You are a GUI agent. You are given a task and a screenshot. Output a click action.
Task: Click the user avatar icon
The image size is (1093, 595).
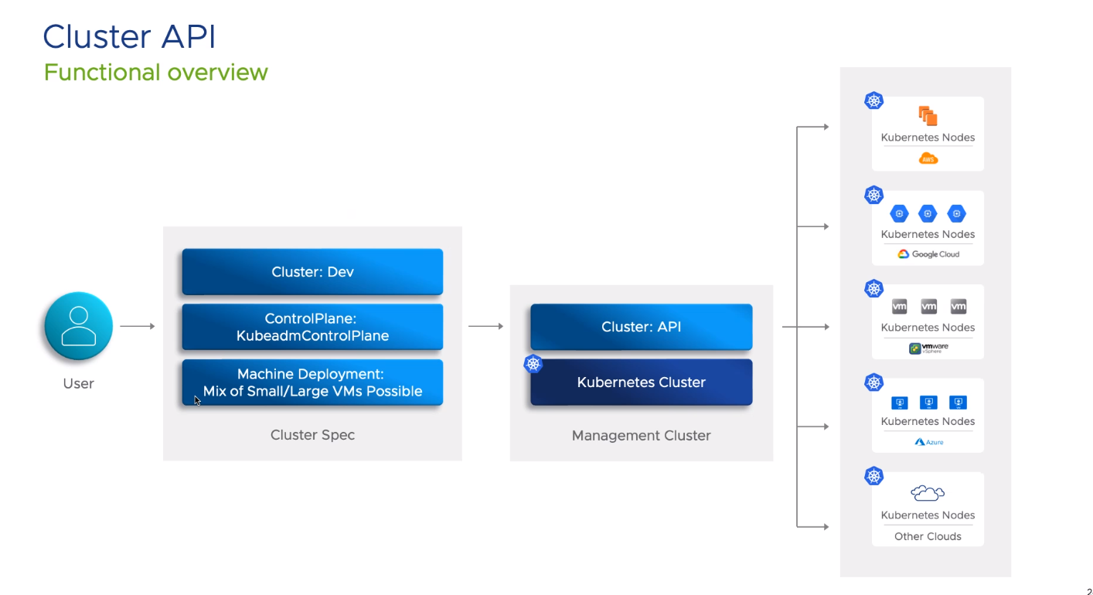(78, 326)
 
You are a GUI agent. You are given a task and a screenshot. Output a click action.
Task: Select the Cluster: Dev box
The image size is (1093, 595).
(312, 272)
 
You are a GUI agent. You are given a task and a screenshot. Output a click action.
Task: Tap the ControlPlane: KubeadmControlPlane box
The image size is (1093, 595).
(312, 327)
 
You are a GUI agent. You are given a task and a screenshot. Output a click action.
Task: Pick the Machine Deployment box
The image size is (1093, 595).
(312, 382)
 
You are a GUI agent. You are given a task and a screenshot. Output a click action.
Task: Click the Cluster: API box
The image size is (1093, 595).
(641, 327)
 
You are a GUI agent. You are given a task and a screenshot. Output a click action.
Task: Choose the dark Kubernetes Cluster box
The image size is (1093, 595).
(641, 382)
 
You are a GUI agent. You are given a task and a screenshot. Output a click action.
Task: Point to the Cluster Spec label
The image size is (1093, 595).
(312, 435)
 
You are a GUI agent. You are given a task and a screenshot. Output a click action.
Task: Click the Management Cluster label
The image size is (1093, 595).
(641, 436)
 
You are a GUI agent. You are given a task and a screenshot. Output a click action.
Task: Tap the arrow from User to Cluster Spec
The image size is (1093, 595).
(138, 326)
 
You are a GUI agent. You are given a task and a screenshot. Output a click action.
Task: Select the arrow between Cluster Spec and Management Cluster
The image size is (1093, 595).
(485, 326)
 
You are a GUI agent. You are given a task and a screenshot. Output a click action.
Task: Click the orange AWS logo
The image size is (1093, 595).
(928, 159)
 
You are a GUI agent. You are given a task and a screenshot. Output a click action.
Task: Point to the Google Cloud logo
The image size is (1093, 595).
(928, 254)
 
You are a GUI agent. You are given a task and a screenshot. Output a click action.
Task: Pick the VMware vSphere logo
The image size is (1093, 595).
(928, 348)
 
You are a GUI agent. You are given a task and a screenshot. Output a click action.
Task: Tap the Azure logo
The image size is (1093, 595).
(928, 442)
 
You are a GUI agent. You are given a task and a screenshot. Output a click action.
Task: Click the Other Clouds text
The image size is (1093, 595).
(928, 536)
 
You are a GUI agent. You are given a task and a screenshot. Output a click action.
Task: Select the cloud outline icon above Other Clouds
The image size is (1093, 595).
(928, 493)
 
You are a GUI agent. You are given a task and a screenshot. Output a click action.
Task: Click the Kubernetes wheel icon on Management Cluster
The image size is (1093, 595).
(533, 364)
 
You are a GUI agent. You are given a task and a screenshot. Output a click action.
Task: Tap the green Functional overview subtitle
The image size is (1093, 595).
(155, 73)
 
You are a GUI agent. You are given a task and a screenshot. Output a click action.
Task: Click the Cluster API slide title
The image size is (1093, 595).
(129, 36)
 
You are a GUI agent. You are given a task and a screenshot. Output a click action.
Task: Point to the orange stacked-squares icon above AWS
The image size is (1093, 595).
(928, 117)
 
